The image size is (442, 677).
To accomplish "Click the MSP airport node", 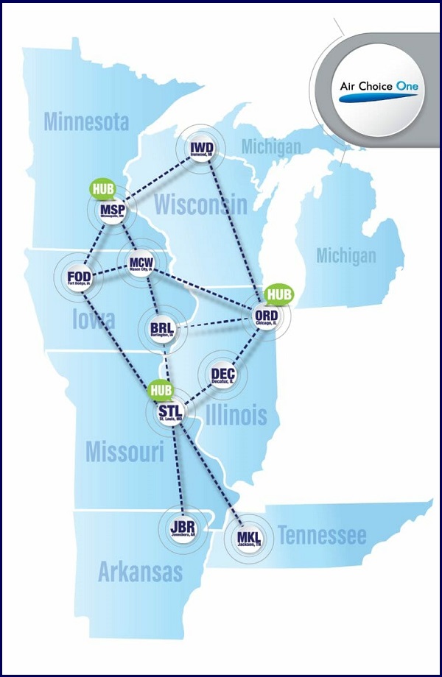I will click(113, 213).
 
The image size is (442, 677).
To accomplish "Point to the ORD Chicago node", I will click(265, 316).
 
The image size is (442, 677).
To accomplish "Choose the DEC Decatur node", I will click(222, 376).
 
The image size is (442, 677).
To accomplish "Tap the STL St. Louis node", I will click(170, 412).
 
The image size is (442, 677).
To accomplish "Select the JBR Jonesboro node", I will click(181, 528).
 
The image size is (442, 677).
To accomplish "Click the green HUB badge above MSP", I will click(103, 188).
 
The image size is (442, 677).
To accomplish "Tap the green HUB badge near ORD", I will click(279, 294).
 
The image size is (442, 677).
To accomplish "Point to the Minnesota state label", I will click(86, 121).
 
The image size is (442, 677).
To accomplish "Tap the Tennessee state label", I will click(322, 536).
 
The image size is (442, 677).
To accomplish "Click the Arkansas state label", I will click(140, 571).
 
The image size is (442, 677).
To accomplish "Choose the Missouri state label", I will click(124, 451).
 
